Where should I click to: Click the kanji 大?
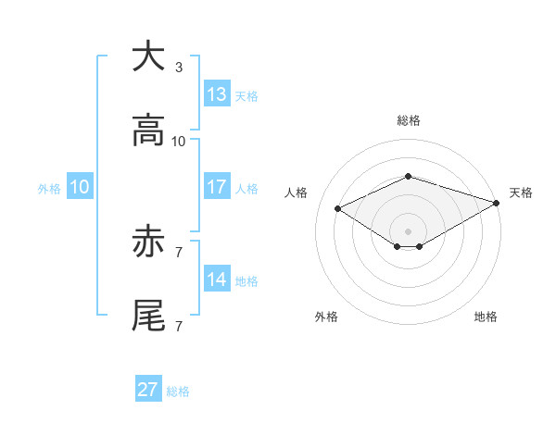[x=148, y=57]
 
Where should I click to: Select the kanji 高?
[x=148, y=132]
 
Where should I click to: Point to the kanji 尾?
[x=148, y=317]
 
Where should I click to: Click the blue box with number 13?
[x=217, y=94]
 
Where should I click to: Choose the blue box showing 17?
[x=217, y=187]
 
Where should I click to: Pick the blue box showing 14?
[x=217, y=280]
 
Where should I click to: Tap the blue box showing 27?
[x=148, y=390]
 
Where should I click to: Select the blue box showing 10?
[x=80, y=187]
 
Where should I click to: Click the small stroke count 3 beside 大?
[x=179, y=68]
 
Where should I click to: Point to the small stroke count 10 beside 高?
[x=179, y=142]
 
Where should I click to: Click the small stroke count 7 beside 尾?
[x=179, y=326]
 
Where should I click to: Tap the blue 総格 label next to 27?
[x=178, y=391]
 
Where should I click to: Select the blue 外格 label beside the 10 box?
[x=49, y=189]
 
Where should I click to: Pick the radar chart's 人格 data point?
[x=338, y=208]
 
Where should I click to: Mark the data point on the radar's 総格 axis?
[x=408, y=176]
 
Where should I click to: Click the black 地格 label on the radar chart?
[x=486, y=317]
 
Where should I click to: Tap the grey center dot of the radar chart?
[x=408, y=230]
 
